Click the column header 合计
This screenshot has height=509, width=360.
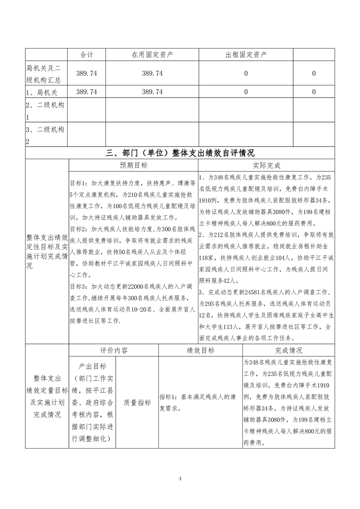coord(87,55)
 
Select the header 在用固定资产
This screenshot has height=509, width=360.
coord(152,55)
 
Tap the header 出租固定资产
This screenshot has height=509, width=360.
coord(246,55)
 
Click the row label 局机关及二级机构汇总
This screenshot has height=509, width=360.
coord(47,73)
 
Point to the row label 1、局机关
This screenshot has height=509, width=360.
coord(42,92)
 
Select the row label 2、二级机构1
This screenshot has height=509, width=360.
coord(47,111)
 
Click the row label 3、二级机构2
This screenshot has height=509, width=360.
coord(47,135)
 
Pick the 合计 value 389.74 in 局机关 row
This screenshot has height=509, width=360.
coord(87,92)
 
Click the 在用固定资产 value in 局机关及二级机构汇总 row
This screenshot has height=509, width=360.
coord(152,73)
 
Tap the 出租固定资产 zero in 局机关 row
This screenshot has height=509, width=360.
coord(246,92)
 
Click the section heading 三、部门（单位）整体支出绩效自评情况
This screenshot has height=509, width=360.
coord(180,152)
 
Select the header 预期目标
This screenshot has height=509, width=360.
coord(133,166)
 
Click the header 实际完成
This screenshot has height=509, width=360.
coord(266,166)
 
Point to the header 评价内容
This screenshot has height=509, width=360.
coord(113,351)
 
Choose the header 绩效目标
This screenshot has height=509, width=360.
coord(201,351)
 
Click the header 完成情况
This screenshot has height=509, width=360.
coord(289,351)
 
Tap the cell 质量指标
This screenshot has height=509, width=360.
coord(137,402)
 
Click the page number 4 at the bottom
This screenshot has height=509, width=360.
coord(180,478)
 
